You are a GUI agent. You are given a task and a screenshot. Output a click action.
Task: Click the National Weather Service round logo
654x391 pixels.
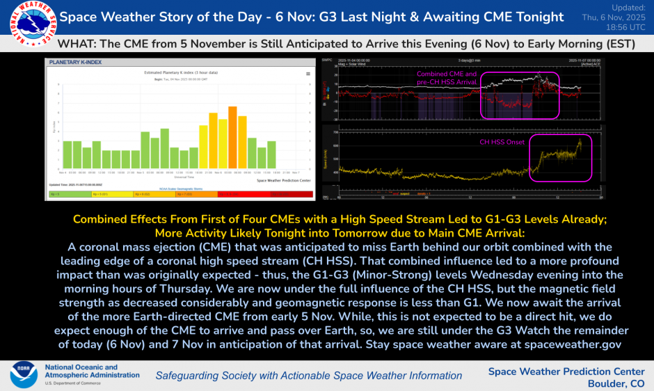pos(26,26)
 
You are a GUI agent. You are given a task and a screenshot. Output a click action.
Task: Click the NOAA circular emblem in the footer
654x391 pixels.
pos(23,374)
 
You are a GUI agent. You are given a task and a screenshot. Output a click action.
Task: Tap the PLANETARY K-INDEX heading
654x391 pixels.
pos(75,62)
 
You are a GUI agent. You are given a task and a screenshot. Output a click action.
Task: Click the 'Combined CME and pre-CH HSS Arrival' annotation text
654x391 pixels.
pos(447,77)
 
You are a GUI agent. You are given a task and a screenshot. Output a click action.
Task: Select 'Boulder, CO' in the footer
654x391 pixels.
pos(616,383)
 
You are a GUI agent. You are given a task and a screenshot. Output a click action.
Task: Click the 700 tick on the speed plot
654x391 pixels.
pos(335,131)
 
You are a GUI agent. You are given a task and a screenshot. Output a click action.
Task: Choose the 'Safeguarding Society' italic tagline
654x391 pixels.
pos(308,376)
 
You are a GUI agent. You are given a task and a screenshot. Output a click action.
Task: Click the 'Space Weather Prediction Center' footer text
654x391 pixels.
pos(566,371)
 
